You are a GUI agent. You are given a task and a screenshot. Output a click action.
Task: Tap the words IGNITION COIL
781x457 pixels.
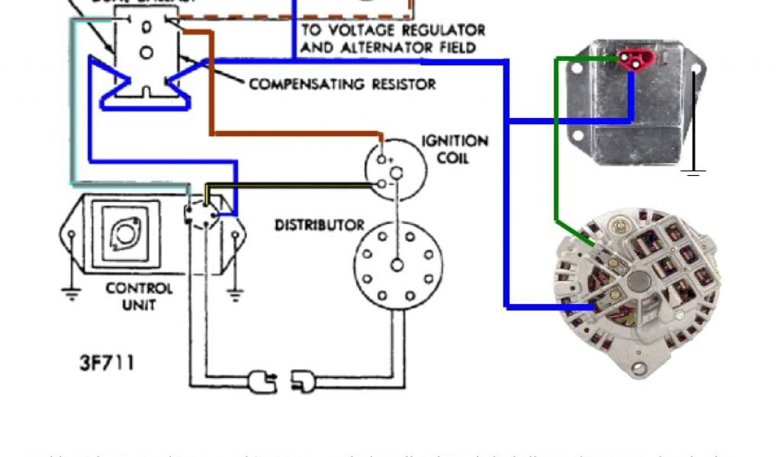pos(455,149)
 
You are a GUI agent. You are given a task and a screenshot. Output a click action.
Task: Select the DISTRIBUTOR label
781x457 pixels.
pos(319,225)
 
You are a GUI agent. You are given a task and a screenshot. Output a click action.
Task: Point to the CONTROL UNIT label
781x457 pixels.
pos(139,296)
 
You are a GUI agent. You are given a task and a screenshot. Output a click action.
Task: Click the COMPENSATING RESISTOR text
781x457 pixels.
pos(342,84)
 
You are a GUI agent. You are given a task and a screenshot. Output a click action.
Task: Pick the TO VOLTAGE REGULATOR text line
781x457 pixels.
pos(393,30)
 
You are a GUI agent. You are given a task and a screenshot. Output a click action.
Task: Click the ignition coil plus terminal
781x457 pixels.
pos(381,161)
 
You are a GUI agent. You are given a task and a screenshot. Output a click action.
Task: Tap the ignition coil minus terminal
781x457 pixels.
pos(381,184)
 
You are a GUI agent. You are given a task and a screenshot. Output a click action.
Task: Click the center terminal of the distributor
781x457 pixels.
pos(397,265)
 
